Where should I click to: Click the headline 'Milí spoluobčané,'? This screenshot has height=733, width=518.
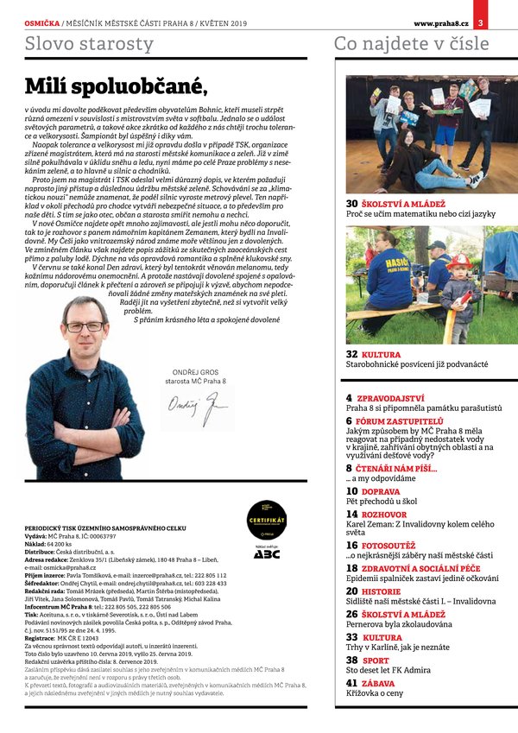pyautogui.click(x=116, y=85)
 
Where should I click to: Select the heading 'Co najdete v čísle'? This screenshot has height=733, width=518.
pyautogui.click(x=411, y=44)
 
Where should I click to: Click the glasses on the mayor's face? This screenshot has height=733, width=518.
pyautogui.click(x=84, y=326)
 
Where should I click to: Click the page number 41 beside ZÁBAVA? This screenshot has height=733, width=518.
pyautogui.click(x=352, y=683)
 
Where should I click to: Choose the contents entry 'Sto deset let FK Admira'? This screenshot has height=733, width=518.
pyautogui.click(x=388, y=670)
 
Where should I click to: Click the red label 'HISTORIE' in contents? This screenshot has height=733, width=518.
pyautogui.click(x=381, y=591)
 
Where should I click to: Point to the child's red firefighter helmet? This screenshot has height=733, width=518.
pyautogui.click(x=458, y=262)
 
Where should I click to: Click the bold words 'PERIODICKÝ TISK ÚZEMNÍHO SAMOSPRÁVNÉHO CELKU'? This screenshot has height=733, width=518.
pyautogui.click(x=117, y=528)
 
